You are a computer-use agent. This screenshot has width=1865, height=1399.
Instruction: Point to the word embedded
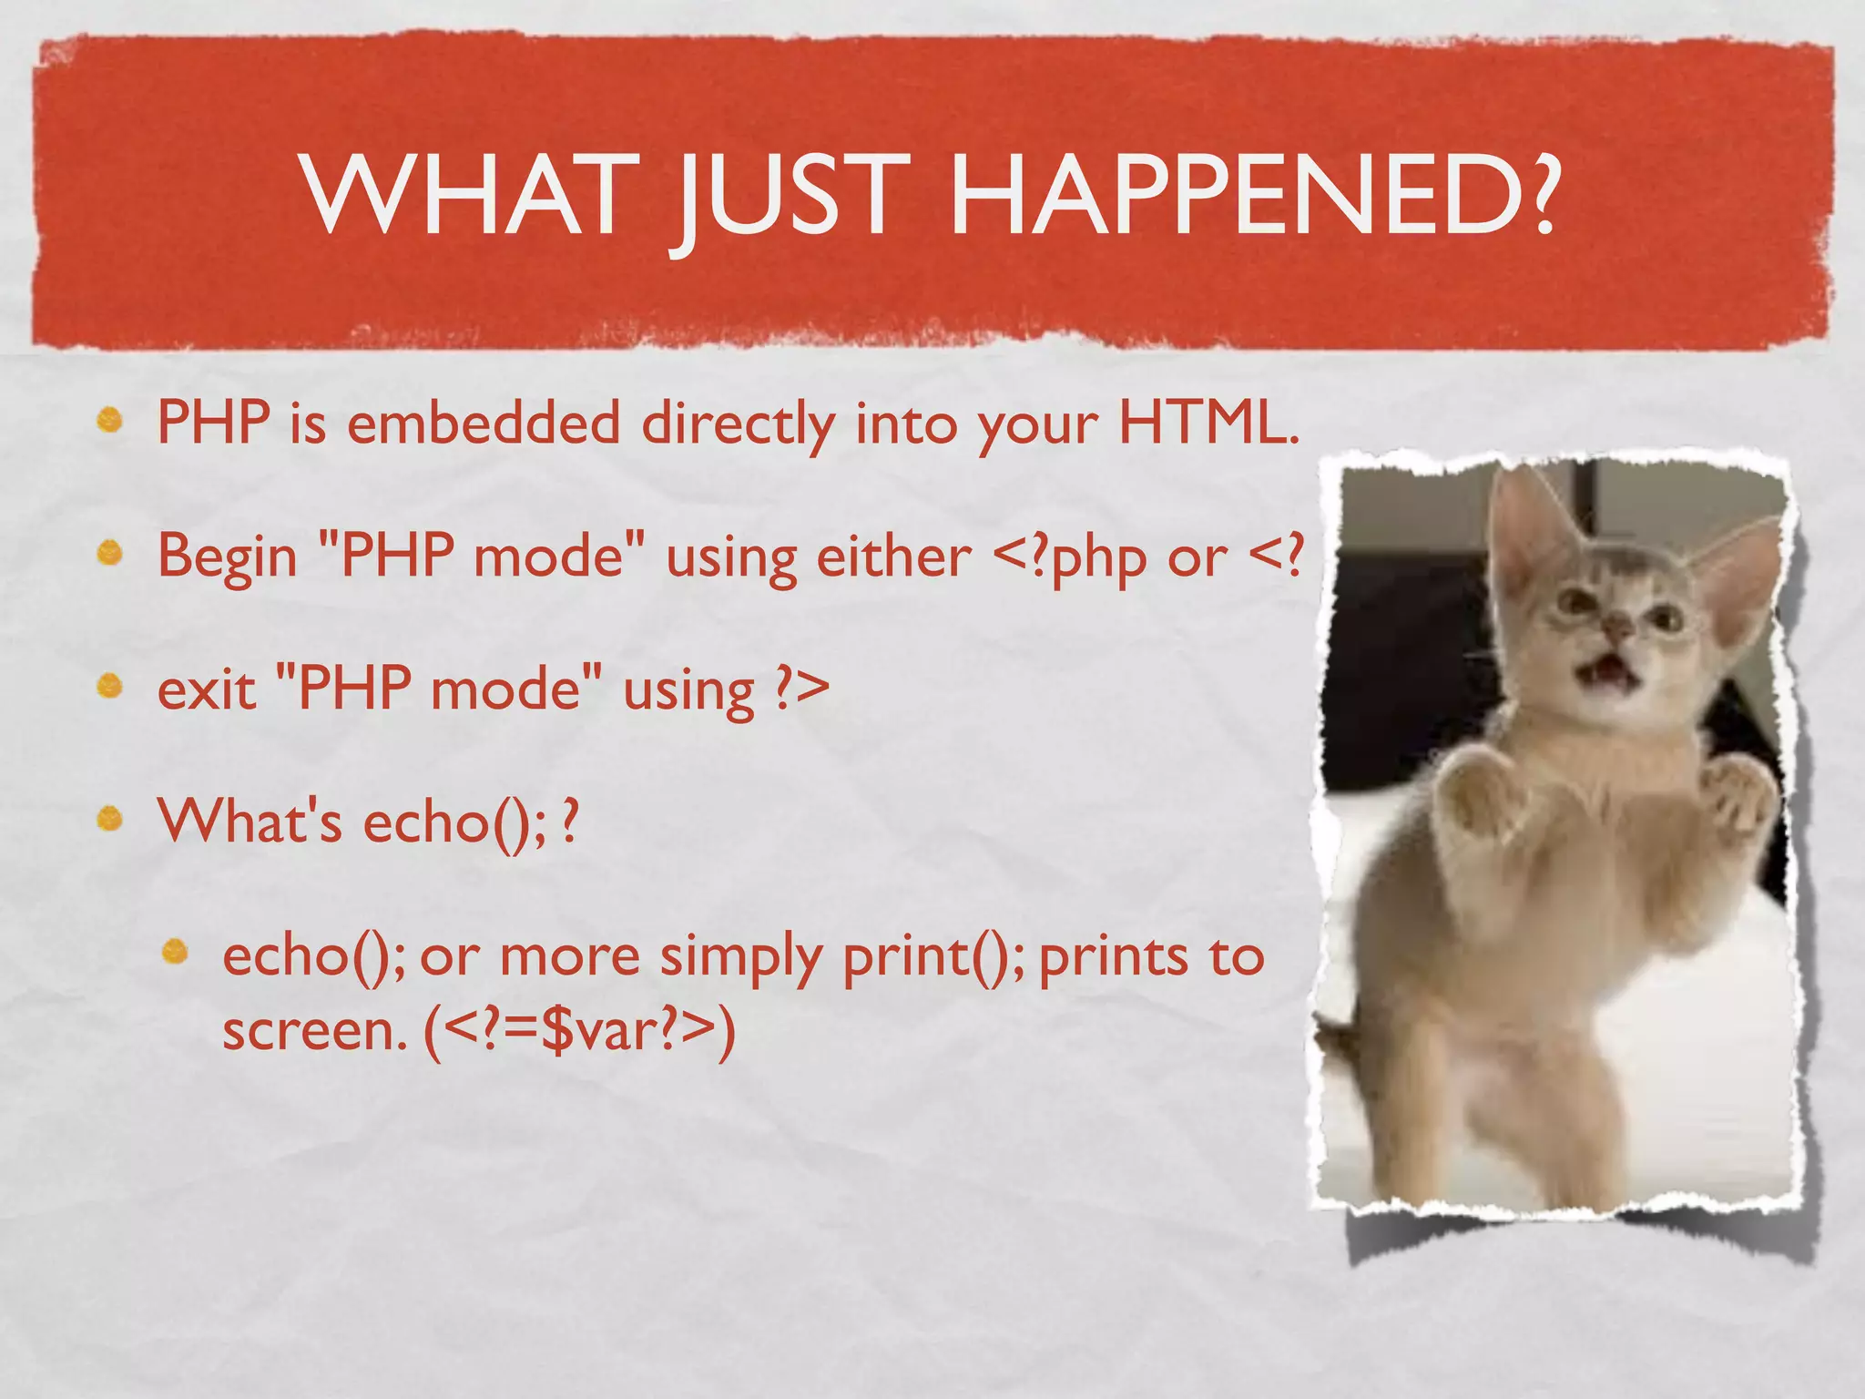(484, 424)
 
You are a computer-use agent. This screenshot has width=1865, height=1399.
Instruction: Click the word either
(893, 556)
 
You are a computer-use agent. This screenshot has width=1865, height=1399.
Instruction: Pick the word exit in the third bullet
(206, 689)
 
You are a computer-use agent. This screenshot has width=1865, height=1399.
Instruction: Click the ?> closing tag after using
(801, 689)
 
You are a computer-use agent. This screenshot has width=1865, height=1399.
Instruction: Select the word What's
(250, 822)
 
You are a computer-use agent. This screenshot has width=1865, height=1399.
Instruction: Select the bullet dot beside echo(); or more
(175, 953)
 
